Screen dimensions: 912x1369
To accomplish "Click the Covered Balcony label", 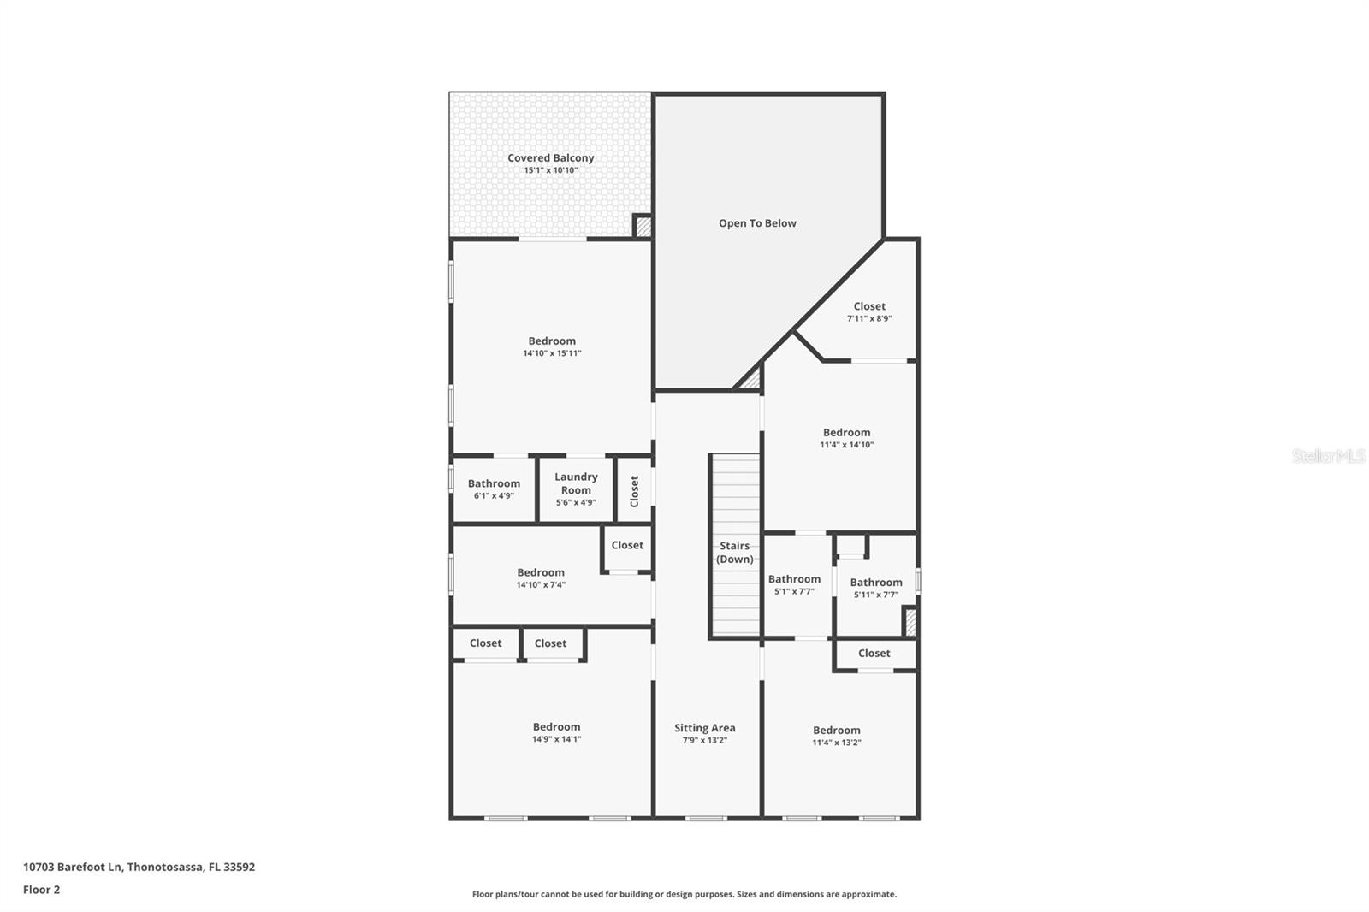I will (x=550, y=158).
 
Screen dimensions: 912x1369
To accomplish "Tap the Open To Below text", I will (x=757, y=223).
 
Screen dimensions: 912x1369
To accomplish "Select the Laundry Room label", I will (x=576, y=483).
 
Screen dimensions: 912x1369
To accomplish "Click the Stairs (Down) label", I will (x=734, y=552).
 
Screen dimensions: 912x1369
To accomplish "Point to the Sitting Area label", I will (x=704, y=728).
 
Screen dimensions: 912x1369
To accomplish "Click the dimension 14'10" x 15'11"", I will (x=552, y=353).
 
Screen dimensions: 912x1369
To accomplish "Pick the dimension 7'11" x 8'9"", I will (x=869, y=318).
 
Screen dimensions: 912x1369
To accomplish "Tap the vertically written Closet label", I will (x=634, y=491).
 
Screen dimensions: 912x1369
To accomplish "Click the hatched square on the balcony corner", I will (x=643, y=227).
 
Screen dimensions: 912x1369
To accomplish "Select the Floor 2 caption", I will (x=41, y=890).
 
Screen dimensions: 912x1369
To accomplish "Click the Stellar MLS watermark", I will (x=1328, y=457).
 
